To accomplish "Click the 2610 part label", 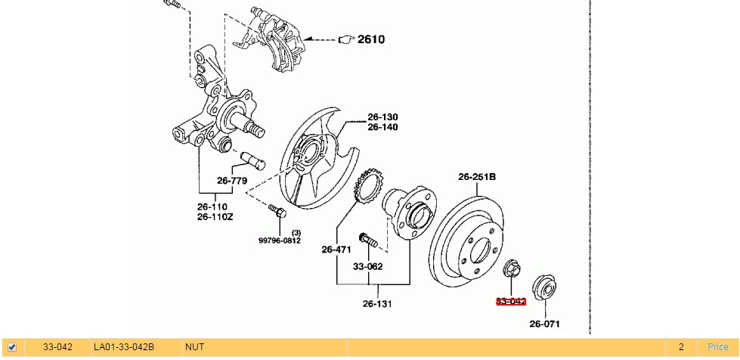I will [x=370, y=39].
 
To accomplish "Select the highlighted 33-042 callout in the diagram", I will [x=511, y=301].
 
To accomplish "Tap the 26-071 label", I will [x=544, y=324].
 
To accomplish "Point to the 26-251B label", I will [x=476, y=177].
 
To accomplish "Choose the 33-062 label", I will [x=367, y=266].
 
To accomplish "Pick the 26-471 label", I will [x=336, y=249].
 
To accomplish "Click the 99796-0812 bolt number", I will [x=279, y=241].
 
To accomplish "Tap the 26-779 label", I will [x=232, y=180].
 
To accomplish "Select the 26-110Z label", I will [x=215, y=216].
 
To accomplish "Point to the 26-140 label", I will [x=382, y=127].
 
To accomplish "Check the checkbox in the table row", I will [x=12, y=347].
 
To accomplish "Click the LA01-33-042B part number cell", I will [x=123, y=347].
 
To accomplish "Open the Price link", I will [x=717, y=347].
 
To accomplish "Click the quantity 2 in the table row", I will [x=680, y=347].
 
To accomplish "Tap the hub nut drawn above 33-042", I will [x=512, y=268].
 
